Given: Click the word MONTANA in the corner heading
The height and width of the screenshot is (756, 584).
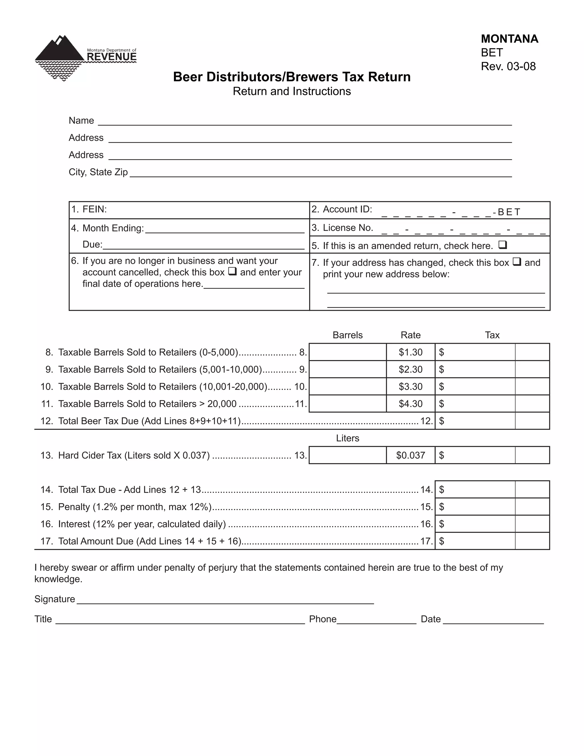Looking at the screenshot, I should [x=509, y=39].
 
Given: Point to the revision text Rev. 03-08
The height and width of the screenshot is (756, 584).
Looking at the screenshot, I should [x=508, y=66].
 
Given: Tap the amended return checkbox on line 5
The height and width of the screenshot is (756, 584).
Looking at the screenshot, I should [x=503, y=245].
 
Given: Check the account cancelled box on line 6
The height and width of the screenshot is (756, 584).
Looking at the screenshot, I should [x=232, y=272].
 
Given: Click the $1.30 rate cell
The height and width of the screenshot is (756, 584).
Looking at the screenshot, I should [x=410, y=352].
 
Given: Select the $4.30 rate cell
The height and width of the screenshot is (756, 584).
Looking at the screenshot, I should [x=410, y=404].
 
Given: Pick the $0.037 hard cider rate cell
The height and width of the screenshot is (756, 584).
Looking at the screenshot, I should [x=410, y=455].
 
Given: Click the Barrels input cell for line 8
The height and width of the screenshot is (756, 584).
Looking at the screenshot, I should [x=347, y=352].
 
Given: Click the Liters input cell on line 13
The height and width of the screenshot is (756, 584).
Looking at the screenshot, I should [x=347, y=455].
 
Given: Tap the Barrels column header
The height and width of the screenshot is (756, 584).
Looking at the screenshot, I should [x=347, y=335].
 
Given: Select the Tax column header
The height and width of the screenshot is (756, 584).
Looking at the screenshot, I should [x=492, y=335].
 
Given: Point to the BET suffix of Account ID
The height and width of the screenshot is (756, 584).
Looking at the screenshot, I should [x=509, y=212].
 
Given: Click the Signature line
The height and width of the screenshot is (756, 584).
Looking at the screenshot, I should [x=225, y=600].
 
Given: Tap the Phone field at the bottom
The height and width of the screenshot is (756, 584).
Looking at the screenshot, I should [x=376, y=619].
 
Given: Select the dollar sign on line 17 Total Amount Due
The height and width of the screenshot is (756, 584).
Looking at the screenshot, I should [x=441, y=541].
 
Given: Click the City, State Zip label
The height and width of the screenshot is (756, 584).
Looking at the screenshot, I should [x=98, y=172].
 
